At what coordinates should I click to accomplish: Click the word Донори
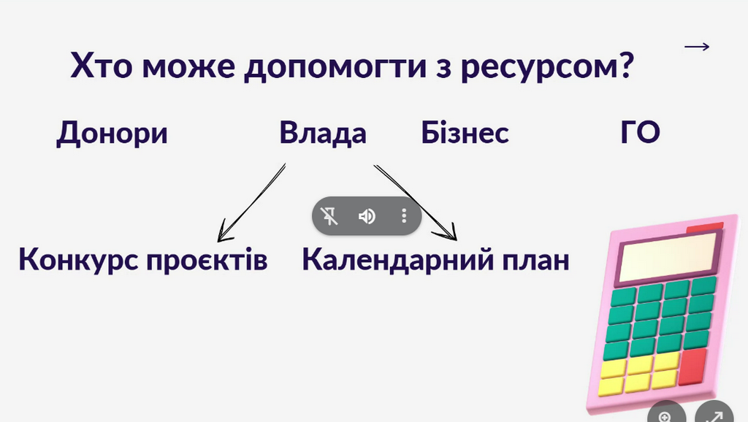[x=112, y=134]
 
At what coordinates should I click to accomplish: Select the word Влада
[x=323, y=134]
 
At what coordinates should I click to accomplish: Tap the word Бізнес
[x=465, y=134]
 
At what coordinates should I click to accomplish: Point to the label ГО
[x=640, y=134]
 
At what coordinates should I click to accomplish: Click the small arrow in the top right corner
[x=697, y=47]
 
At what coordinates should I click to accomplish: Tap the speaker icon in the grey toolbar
[x=367, y=216]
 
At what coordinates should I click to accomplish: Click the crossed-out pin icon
[x=330, y=216]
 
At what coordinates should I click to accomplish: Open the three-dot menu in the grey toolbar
[x=404, y=216]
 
